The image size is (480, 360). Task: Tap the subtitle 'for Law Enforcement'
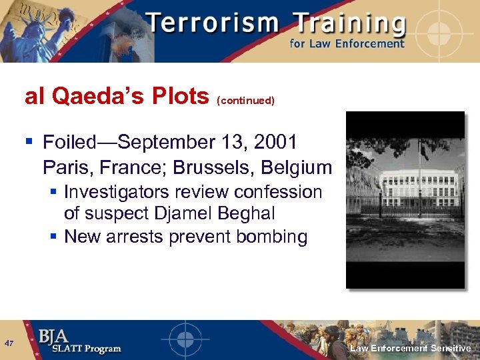(347, 44)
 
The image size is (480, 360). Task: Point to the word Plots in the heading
(181, 97)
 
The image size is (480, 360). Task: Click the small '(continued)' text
(245, 101)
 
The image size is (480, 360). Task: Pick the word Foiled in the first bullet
(69, 142)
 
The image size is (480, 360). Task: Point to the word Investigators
(119, 192)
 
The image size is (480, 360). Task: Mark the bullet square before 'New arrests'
(54, 237)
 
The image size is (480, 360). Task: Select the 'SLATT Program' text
(80, 349)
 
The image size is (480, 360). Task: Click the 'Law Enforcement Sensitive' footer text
(411, 348)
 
